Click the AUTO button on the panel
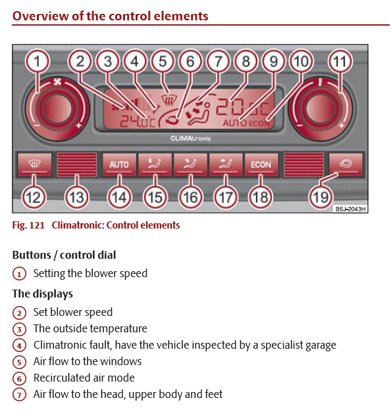point(119,165)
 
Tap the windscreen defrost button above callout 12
point(34,165)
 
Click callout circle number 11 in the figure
point(340,62)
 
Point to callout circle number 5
point(163,62)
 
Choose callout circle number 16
point(190,198)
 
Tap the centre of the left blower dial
point(57,109)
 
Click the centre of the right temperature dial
point(320,109)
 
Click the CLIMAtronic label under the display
point(191,139)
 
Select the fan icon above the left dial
point(57,82)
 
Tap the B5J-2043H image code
point(350,209)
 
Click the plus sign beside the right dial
point(341,125)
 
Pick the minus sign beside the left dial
point(37,125)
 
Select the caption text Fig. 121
point(28,225)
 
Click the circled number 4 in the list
point(19,345)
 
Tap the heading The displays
point(43,294)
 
